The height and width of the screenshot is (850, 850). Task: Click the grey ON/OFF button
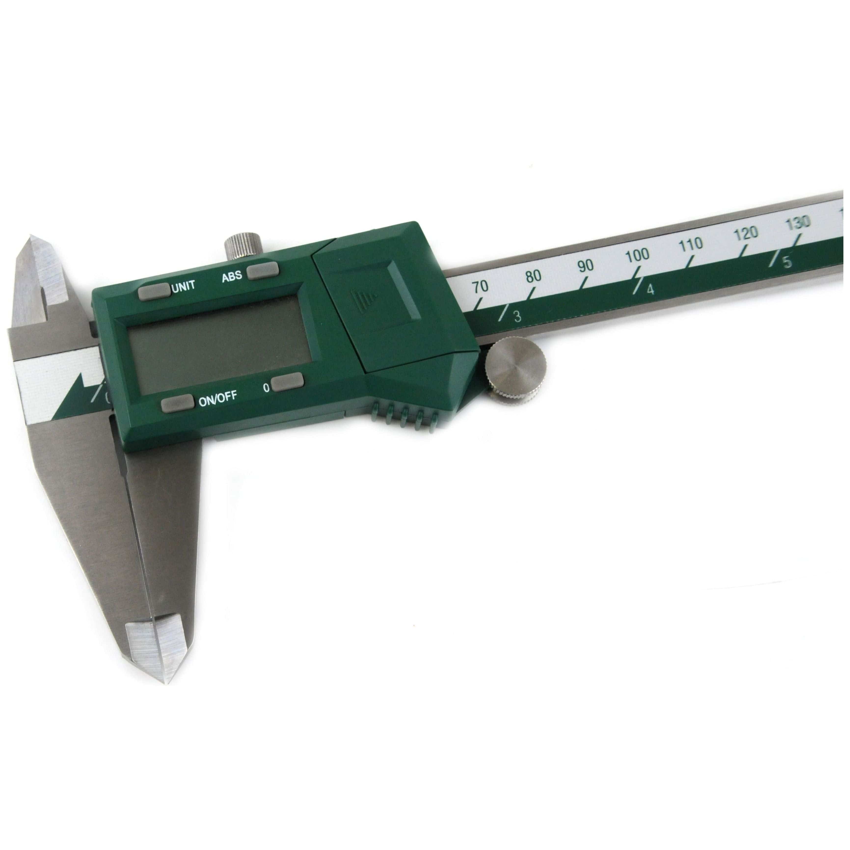click(x=177, y=403)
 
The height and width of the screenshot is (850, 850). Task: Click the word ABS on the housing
click(x=232, y=276)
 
